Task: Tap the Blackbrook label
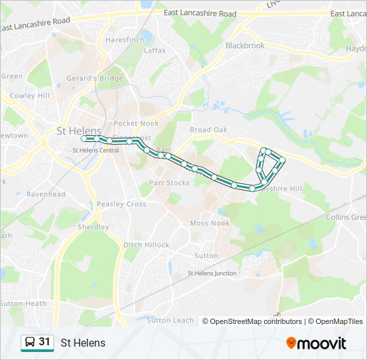coord(245,45)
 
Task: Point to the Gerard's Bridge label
coord(94,78)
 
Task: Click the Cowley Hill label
coord(30,96)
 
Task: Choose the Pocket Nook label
coord(136,124)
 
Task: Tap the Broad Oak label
coord(209,130)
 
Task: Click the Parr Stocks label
coord(169,183)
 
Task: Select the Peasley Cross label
coord(121,204)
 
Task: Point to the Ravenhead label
coord(46,195)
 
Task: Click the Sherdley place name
coord(93,227)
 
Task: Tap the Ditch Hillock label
coord(146,245)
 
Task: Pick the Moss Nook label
coord(210,223)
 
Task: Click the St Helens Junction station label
coord(212,273)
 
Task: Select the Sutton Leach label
coord(169,320)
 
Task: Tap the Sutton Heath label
coord(23,303)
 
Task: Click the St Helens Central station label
coord(95,150)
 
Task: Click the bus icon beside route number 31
coord(30,342)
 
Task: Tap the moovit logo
coord(316,343)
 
